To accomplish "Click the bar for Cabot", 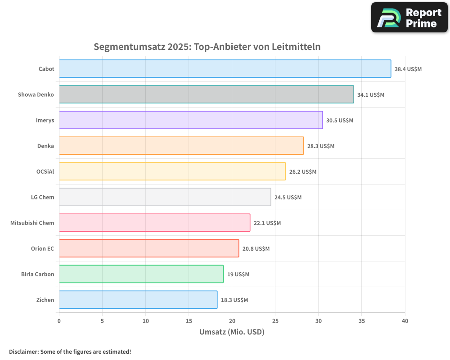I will click(225, 69).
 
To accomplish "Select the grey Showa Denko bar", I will click(206, 94).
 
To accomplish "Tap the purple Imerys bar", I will click(191, 120).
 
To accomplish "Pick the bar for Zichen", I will click(138, 300).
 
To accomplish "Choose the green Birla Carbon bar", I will click(141, 274).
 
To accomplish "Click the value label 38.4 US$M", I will click(408, 69).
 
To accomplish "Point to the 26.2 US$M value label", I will click(303, 172).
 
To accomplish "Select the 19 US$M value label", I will click(238, 274).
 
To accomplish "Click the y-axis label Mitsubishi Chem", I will click(32, 223).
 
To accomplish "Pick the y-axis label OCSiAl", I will click(45, 172).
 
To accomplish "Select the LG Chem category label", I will click(43, 198).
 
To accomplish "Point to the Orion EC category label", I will click(42, 249).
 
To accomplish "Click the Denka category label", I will click(45, 146).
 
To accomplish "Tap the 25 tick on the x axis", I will click(275, 321).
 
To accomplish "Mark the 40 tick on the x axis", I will click(405, 321).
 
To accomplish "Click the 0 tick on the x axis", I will click(59, 321).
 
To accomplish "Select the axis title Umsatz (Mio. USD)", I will click(232, 332).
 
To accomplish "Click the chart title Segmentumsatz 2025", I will click(207, 47).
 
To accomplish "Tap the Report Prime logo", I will click(409, 18).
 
